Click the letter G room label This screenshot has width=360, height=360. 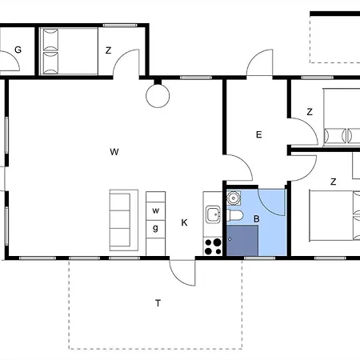(18, 50)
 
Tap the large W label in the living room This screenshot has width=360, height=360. (114, 152)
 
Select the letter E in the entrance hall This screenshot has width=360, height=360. (258, 134)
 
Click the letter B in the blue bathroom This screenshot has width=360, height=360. (257, 219)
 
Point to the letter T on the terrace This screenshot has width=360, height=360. (158, 303)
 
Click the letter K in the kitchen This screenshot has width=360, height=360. (184, 222)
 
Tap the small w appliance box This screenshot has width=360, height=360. (156, 210)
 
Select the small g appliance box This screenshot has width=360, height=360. (156, 229)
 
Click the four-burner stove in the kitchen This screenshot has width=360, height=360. (213, 246)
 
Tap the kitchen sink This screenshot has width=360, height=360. (213, 214)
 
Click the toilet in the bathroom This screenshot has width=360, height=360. (234, 215)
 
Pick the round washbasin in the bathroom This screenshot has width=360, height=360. (234, 198)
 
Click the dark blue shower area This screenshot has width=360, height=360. (242, 240)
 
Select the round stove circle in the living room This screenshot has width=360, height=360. (158, 96)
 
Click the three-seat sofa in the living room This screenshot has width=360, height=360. (124, 220)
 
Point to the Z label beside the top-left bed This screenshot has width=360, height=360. (108, 50)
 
